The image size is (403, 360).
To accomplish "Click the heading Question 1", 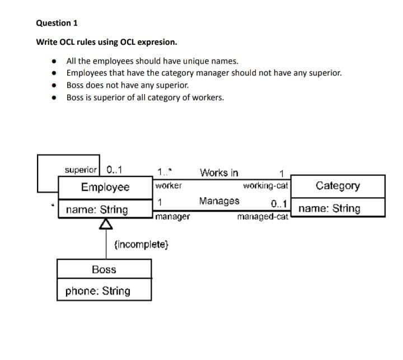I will click(x=57, y=23).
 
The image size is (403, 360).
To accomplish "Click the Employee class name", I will click(x=105, y=187).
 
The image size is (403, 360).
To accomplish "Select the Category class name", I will click(x=338, y=185).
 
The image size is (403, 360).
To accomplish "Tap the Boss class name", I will click(x=104, y=269).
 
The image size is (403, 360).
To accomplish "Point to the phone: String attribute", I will click(x=97, y=291).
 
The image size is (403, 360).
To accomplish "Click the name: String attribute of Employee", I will click(x=96, y=210).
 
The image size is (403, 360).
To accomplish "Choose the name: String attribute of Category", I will click(x=329, y=208).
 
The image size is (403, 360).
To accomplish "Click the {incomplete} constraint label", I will click(x=140, y=244).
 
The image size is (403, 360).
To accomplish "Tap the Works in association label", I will click(x=219, y=172).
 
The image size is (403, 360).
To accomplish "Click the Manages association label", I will click(x=219, y=201).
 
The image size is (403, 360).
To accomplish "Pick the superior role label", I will click(x=81, y=169).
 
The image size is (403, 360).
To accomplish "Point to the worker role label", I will click(x=167, y=185).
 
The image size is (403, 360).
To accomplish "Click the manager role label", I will click(x=173, y=216).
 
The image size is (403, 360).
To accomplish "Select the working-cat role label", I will click(x=266, y=185).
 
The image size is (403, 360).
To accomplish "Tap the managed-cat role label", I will click(x=263, y=216).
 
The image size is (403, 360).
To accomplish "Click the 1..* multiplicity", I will click(x=164, y=171).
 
